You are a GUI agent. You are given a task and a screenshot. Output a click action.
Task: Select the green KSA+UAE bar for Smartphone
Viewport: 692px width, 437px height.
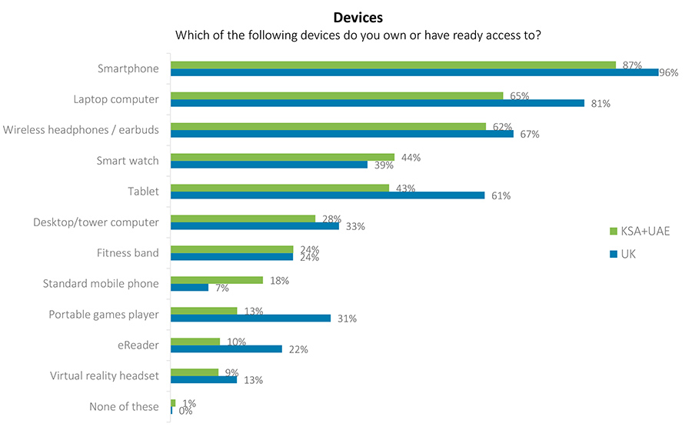click(x=392, y=65)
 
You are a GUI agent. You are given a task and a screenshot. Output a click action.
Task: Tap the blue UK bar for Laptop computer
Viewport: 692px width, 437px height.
click(x=377, y=103)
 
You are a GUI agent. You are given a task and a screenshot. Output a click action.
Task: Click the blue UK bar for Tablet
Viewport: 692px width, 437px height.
click(x=328, y=195)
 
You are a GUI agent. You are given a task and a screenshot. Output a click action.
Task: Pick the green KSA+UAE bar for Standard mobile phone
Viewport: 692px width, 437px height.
click(x=216, y=280)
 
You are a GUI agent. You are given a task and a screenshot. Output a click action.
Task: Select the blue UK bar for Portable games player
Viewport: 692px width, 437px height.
click(x=250, y=319)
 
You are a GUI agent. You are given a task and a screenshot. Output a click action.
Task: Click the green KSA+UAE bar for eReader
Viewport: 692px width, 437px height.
click(x=195, y=342)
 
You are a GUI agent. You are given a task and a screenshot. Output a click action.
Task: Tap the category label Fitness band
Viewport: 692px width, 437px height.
click(x=128, y=252)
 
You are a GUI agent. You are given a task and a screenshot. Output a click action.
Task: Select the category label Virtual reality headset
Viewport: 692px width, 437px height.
click(x=105, y=375)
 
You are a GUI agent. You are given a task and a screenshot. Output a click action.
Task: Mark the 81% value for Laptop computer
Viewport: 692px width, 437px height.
click(x=600, y=103)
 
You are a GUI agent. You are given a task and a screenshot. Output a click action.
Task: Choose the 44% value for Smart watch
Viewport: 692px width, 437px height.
click(x=411, y=158)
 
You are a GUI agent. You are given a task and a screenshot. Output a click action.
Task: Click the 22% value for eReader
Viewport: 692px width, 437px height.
click(x=298, y=349)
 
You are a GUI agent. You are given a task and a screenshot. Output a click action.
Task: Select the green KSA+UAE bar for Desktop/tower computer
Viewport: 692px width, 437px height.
click(x=242, y=218)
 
